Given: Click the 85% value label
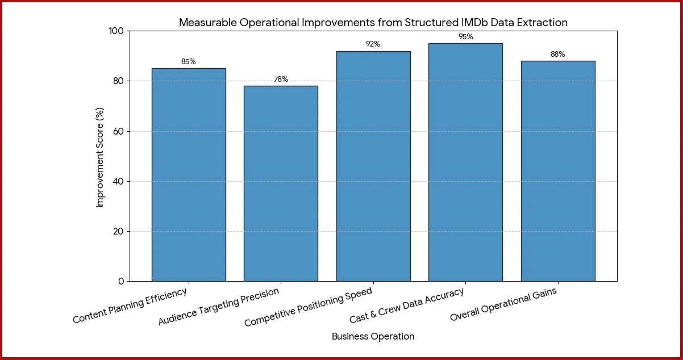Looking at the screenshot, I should coord(189,62).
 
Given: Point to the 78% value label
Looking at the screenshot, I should coord(281,79).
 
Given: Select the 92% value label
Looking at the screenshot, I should coord(373,44).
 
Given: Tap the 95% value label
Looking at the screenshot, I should coord(465,37).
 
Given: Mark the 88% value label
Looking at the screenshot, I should coord(557,55).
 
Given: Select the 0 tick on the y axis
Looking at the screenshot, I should coord(121,282).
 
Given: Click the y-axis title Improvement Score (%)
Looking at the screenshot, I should coord(101,156).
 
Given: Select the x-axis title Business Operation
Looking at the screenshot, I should coord(373,337).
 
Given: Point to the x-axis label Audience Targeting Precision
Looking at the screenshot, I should coord(219,307).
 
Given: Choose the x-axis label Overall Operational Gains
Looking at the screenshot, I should coord(503,305).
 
